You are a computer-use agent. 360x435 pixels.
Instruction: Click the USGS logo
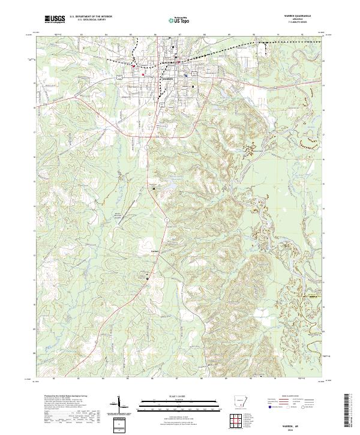pyautogui.click(x=54, y=19)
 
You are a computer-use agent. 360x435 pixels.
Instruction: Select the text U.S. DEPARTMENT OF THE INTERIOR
pyautogui.click(x=91, y=17)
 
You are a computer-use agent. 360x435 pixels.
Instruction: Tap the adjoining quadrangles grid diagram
pyautogui.click(x=239, y=419)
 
